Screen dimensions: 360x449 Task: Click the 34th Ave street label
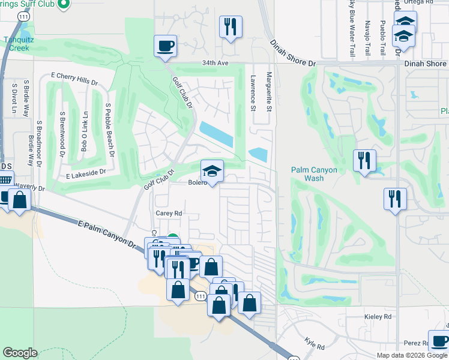(x=215, y=62)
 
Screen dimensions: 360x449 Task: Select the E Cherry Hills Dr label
(x=74, y=79)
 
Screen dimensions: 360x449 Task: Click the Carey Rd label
(x=169, y=213)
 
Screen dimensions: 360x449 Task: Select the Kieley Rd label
(x=378, y=316)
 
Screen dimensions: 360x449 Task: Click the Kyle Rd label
(x=315, y=343)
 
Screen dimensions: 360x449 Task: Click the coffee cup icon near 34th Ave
(x=165, y=46)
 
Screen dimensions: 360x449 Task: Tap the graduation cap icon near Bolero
(x=211, y=171)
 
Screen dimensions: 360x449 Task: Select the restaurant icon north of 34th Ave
(x=231, y=27)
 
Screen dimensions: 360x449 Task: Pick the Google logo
(x=20, y=353)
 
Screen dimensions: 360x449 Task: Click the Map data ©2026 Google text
(x=411, y=355)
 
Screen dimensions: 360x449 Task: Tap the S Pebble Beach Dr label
(x=110, y=130)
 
